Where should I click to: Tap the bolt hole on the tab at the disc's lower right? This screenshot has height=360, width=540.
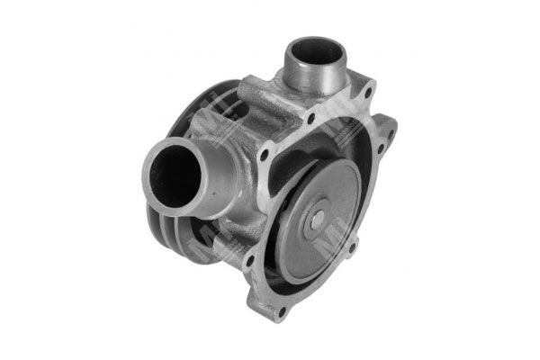(x=353, y=246)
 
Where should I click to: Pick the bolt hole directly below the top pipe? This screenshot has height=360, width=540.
(x=310, y=119)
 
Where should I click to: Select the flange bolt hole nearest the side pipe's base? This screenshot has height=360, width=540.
(x=265, y=155)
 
